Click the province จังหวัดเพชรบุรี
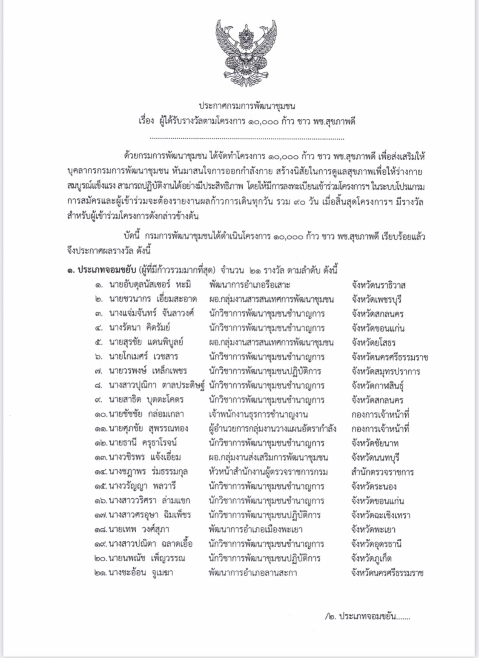[x=376, y=299]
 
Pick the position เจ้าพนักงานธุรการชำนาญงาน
[x=258, y=414]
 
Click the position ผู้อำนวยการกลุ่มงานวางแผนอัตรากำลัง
[x=272, y=428]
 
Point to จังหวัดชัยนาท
[x=375, y=443]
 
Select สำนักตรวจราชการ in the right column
[x=382, y=472]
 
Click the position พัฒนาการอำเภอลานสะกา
[x=252, y=573]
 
